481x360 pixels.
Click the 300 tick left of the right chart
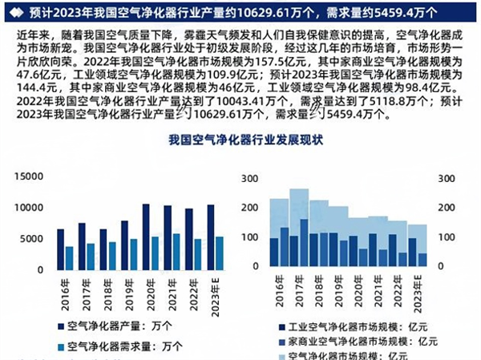coord(249,178)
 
